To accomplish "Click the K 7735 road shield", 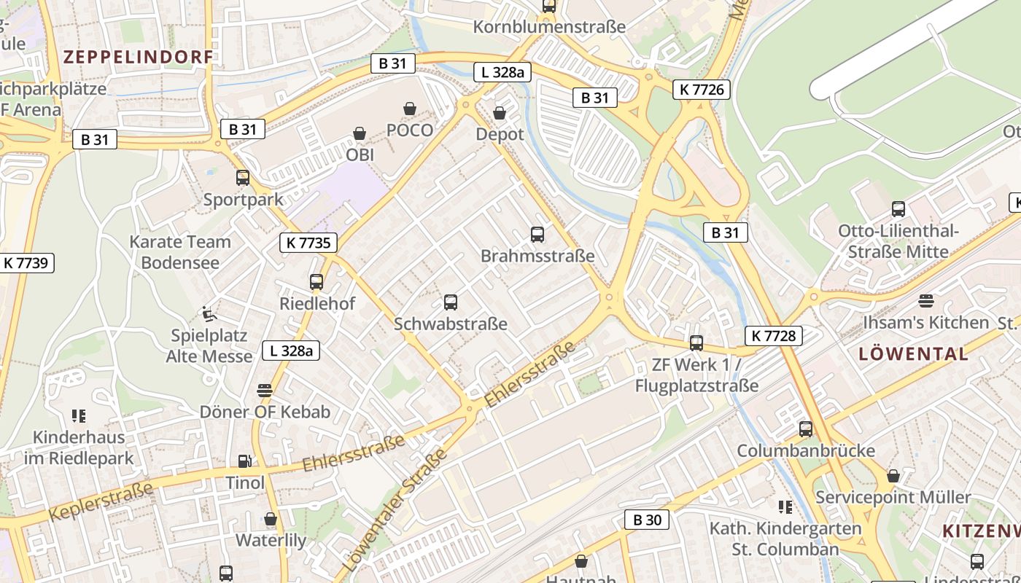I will pos(308,243).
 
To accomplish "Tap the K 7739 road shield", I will pos(27,262).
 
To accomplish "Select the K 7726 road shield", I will pos(702,90).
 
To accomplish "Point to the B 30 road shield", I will pos(647,520).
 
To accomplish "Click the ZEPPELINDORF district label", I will pos(139,57).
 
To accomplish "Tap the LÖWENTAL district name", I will pos(914,354).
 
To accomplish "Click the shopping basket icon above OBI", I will pos(360,133).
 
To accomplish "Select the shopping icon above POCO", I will pos(410,109).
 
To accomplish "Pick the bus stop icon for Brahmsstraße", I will pos(537,234).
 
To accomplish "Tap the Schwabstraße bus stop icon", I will pos(451,302).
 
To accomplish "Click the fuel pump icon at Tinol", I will pos(245,461).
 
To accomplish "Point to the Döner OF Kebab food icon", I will pos(265,390).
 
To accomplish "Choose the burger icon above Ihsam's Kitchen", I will pos(926,300).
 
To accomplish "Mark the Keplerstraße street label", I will pos(101,501).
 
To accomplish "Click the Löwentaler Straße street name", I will pos(395,511).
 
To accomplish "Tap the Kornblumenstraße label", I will pos(549,27).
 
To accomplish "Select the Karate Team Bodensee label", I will pos(180,252).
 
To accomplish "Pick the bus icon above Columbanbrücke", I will pos(805,429).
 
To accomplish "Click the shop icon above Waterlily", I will pos(271,519).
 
